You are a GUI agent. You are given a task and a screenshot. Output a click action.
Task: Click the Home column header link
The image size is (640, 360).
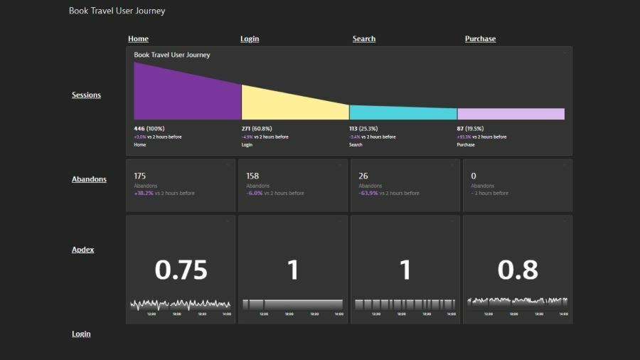coord(138,39)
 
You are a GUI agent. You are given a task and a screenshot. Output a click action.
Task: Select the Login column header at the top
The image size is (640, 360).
coord(250,39)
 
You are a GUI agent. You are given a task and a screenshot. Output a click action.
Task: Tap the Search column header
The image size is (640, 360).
coord(363,39)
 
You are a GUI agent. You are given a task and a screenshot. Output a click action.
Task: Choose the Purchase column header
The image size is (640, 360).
coord(480,39)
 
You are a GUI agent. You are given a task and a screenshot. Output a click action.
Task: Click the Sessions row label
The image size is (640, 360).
coord(86,95)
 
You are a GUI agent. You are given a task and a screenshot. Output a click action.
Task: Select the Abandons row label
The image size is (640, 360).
coord(89,179)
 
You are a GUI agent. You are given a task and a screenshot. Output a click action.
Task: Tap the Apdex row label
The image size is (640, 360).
coord(82,250)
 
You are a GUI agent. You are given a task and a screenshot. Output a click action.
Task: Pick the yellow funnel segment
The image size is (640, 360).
coord(294,104)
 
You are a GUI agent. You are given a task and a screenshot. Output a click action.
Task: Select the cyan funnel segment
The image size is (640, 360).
coord(402,112)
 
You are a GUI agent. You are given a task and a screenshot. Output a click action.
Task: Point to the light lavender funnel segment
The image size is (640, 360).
coord(511,114)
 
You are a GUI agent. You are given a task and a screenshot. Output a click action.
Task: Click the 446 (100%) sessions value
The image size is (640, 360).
coord(149,129)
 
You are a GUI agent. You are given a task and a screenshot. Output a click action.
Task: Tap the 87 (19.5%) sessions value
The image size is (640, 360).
coord(470,129)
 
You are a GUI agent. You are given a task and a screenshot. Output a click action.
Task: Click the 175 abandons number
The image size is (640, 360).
coord(140,176)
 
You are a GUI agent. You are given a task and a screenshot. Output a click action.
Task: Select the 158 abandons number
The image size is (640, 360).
coord(252,176)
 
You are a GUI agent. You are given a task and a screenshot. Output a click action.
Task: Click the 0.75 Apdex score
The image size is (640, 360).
coord(181,270)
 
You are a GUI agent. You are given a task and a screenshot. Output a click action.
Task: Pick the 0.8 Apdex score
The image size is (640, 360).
coord(518,270)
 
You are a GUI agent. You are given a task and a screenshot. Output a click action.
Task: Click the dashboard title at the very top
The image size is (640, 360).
coord(117,11)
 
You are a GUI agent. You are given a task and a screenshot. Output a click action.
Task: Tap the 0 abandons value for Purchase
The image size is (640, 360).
coord(474,176)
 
